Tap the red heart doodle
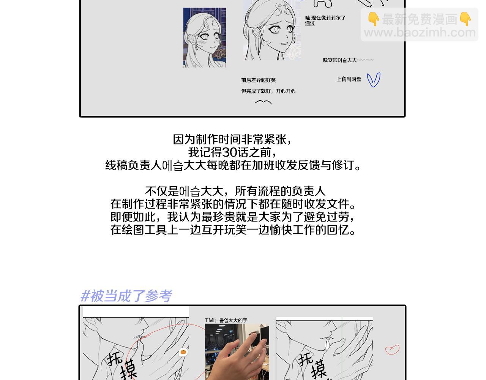click(392, 349)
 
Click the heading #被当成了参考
click(126, 296)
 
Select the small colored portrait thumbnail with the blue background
click(204, 37)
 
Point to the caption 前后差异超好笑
click(258, 80)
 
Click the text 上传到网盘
click(349, 79)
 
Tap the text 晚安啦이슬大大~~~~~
click(348, 60)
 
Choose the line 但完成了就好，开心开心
click(268, 91)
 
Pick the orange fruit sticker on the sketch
click(183, 352)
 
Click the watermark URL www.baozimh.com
click(420, 33)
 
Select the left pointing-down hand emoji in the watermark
click(374, 19)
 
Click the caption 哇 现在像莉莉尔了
click(325, 18)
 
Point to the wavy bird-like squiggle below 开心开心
click(263, 102)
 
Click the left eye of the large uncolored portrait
click(275, 29)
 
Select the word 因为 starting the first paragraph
click(184, 139)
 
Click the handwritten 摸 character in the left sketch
click(128, 369)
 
